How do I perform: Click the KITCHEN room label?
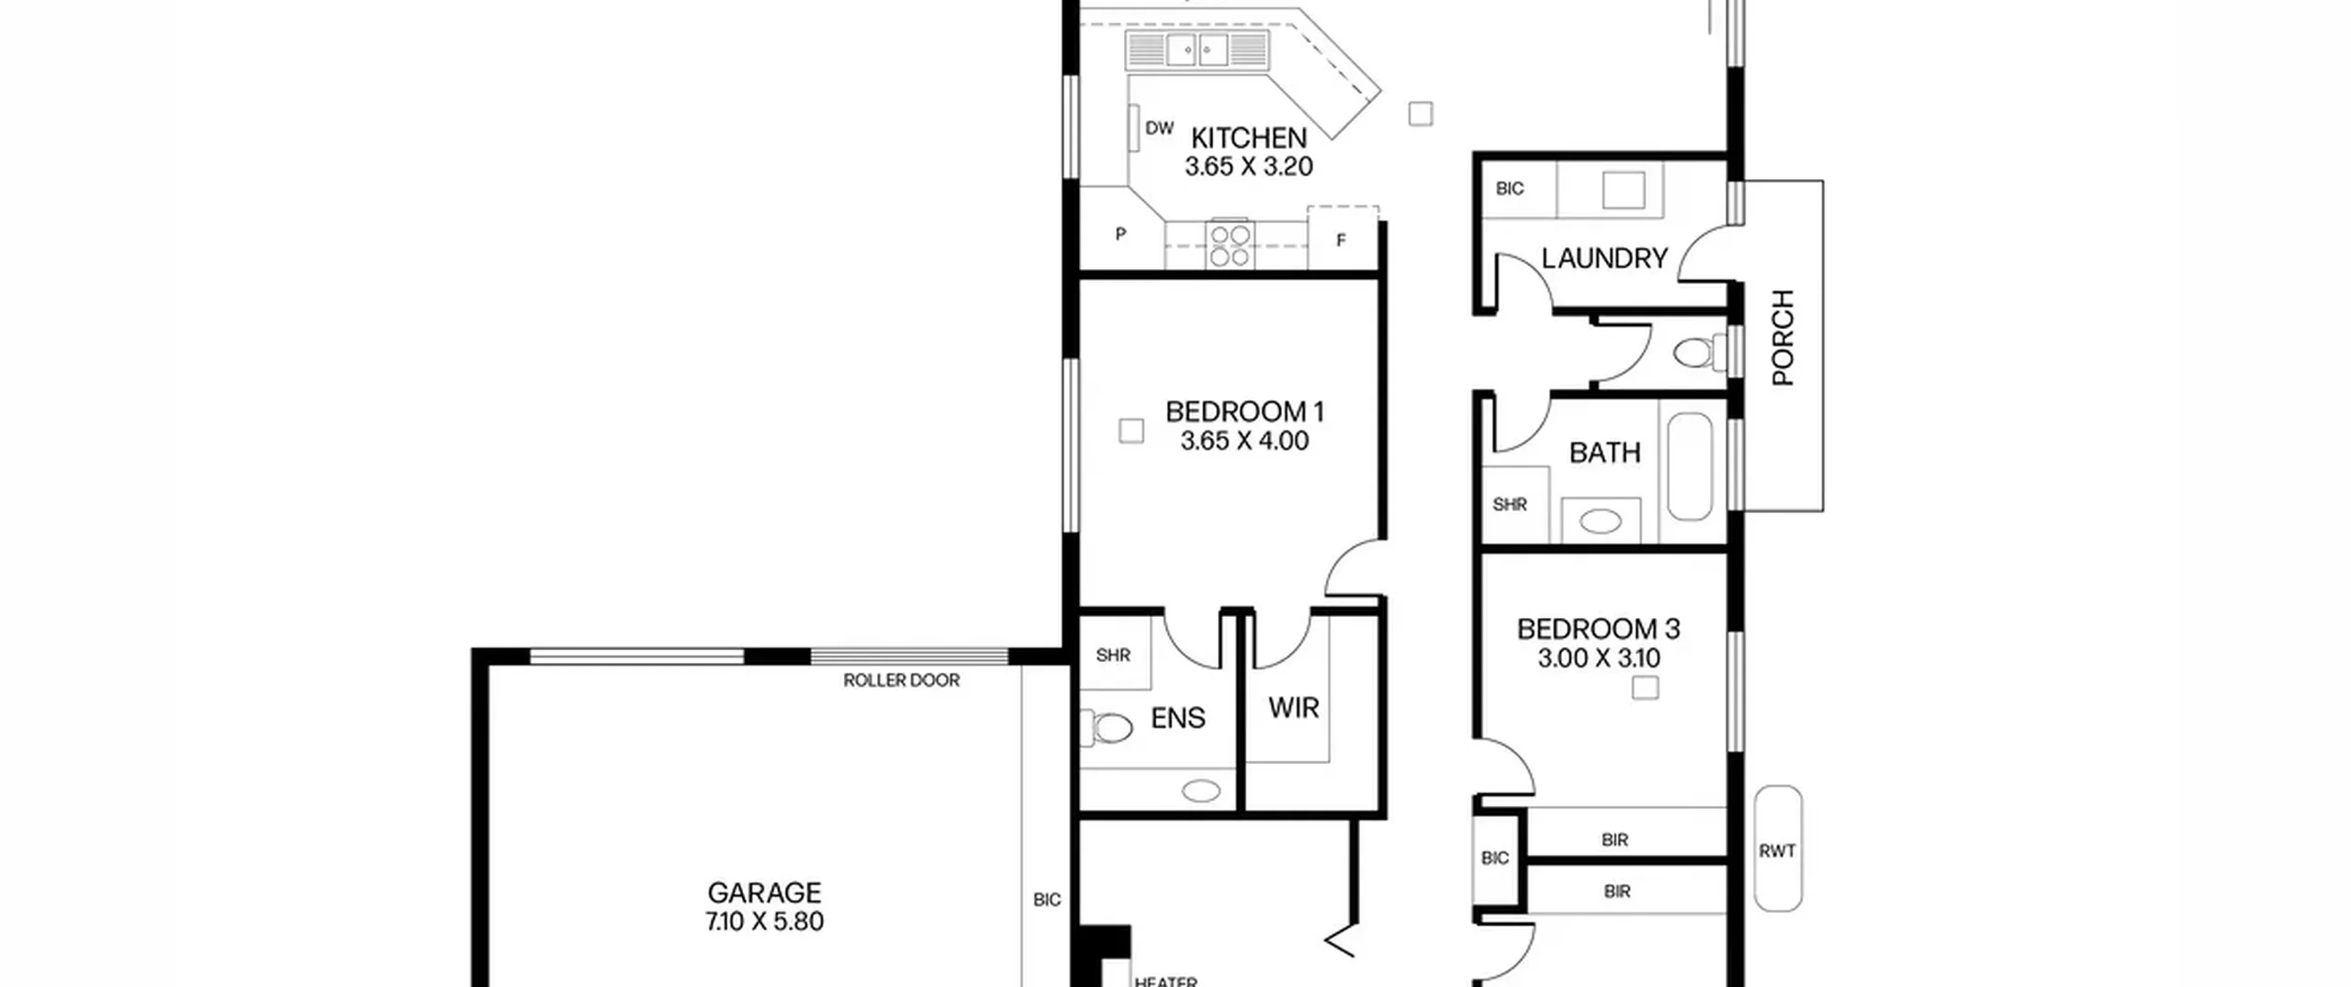coord(1248,138)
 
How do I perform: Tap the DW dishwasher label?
coord(1160,128)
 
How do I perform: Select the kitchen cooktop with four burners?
coord(1229,244)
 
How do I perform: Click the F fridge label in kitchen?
coord(1341,241)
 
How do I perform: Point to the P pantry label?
coord(1120,234)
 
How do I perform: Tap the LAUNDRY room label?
coord(1603,258)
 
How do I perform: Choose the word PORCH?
coord(1782,337)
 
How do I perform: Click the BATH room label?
coord(1604,452)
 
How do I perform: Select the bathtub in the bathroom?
coord(1690,466)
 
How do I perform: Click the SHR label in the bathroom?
coord(1510,504)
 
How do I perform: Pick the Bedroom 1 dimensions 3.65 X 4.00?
coord(1244,441)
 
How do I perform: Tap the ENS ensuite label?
coord(1177,717)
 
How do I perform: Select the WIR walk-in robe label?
coord(1293,707)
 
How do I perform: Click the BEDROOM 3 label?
coord(1598,629)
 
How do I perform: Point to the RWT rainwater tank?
coord(1778,847)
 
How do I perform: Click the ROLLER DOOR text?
coord(901,680)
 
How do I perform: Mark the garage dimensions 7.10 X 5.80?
coord(764,921)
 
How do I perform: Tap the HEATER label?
coord(1165,981)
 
